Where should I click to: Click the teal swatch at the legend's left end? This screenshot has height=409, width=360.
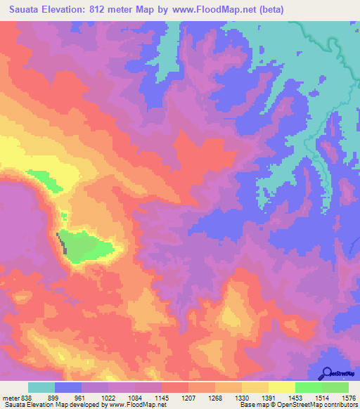pos(41,387)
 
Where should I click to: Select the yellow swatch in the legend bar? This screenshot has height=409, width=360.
pos(282,387)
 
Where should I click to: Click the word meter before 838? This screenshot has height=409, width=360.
pos(11,397)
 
